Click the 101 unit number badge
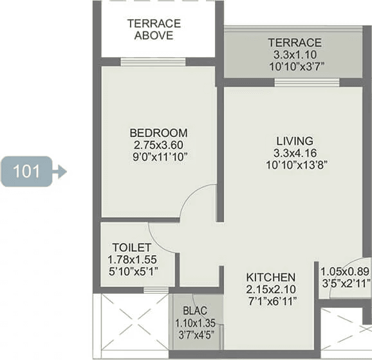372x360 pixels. (x=26, y=172)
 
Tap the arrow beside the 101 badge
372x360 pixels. (x=60, y=172)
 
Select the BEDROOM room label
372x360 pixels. (x=158, y=132)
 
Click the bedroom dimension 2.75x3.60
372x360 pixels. (x=158, y=145)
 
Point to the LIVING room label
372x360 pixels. (x=295, y=141)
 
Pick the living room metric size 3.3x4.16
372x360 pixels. (x=295, y=153)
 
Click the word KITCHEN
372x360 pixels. (x=271, y=277)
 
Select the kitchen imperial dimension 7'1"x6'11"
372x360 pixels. (x=272, y=301)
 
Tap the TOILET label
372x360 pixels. (x=132, y=248)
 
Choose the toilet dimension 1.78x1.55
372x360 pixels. (x=132, y=260)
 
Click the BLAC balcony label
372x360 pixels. (x=195, y=310)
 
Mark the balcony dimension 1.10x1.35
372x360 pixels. (x=195, y=323)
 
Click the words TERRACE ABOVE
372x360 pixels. (x=154, y=30)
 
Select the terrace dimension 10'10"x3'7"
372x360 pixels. (x=296, y=67)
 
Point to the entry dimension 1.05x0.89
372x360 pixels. (x=345, y=271)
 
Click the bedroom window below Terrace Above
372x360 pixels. (x=153, y=62)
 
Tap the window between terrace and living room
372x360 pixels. (x=307, y=82)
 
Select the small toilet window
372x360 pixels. (x=156, y=290)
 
